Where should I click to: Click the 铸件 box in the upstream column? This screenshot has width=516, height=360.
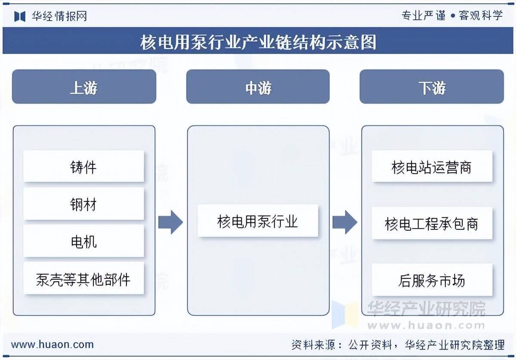[83, 166]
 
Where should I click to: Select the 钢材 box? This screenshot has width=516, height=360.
[83, 204]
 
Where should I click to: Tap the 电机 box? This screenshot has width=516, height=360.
[83, 241]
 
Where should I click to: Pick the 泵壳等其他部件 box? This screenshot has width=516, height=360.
[83, 279]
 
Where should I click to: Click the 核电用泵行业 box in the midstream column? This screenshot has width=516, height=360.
[258, 221]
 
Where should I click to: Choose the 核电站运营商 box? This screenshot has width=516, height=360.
[432, 166]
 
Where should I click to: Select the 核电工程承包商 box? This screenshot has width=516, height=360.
[432, 223]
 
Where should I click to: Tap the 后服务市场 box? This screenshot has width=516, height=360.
[432, 280]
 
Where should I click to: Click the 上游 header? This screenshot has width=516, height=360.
[84, 87]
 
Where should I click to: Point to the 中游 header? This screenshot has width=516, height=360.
[258, 87]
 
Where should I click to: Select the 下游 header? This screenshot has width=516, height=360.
[432, 87]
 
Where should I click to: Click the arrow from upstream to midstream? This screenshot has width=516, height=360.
[171, 222]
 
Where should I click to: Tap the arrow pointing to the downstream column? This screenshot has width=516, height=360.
[345, 222]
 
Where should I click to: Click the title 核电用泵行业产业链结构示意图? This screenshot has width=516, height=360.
[258, 42]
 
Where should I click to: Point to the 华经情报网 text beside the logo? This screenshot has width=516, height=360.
[59, 16]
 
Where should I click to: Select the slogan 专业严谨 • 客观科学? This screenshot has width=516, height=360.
[452, 16]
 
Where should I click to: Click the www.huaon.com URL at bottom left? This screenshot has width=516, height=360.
[52, 344]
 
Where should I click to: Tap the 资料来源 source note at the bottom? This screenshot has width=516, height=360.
[398, 344]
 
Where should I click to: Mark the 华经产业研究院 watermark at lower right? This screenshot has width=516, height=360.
[426, 308]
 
